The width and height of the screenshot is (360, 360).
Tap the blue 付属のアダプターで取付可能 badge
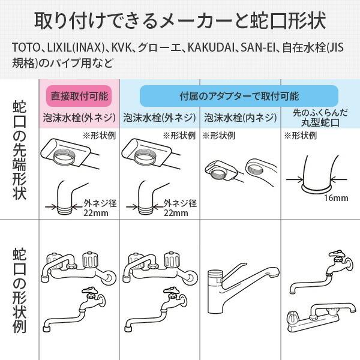(239, 95)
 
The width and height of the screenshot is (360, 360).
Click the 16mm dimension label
(331, 199)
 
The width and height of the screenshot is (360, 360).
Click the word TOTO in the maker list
(24, 47)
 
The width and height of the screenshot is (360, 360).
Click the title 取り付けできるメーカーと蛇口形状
(180, 20)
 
